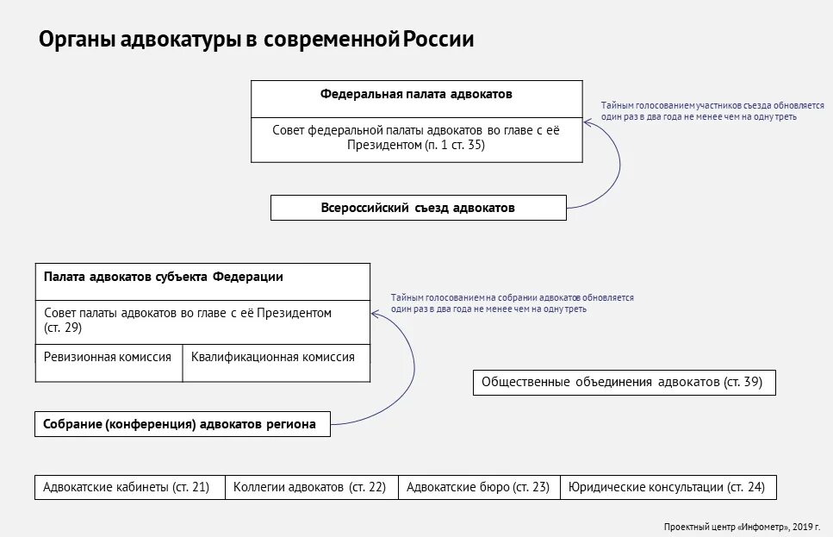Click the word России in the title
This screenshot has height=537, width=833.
[439, 40]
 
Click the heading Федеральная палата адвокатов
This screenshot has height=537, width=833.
[417, 93]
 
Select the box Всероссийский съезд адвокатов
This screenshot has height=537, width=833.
[418, 208]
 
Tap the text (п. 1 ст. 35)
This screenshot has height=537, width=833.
[454, 146]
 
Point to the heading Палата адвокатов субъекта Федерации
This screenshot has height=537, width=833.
[164, 277]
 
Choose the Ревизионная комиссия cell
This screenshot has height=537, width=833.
[109, 357]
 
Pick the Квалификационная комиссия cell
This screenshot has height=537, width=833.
[272, 357]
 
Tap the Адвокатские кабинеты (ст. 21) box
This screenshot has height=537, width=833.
[127, 487]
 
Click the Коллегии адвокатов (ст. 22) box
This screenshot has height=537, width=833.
[309, 487]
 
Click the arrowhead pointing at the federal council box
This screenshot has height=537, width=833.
[587, 123]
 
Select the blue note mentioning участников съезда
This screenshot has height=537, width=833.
[699, 111]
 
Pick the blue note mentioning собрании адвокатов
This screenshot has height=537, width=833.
[512, 303]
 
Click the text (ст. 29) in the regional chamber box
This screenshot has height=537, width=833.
[63, 328]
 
